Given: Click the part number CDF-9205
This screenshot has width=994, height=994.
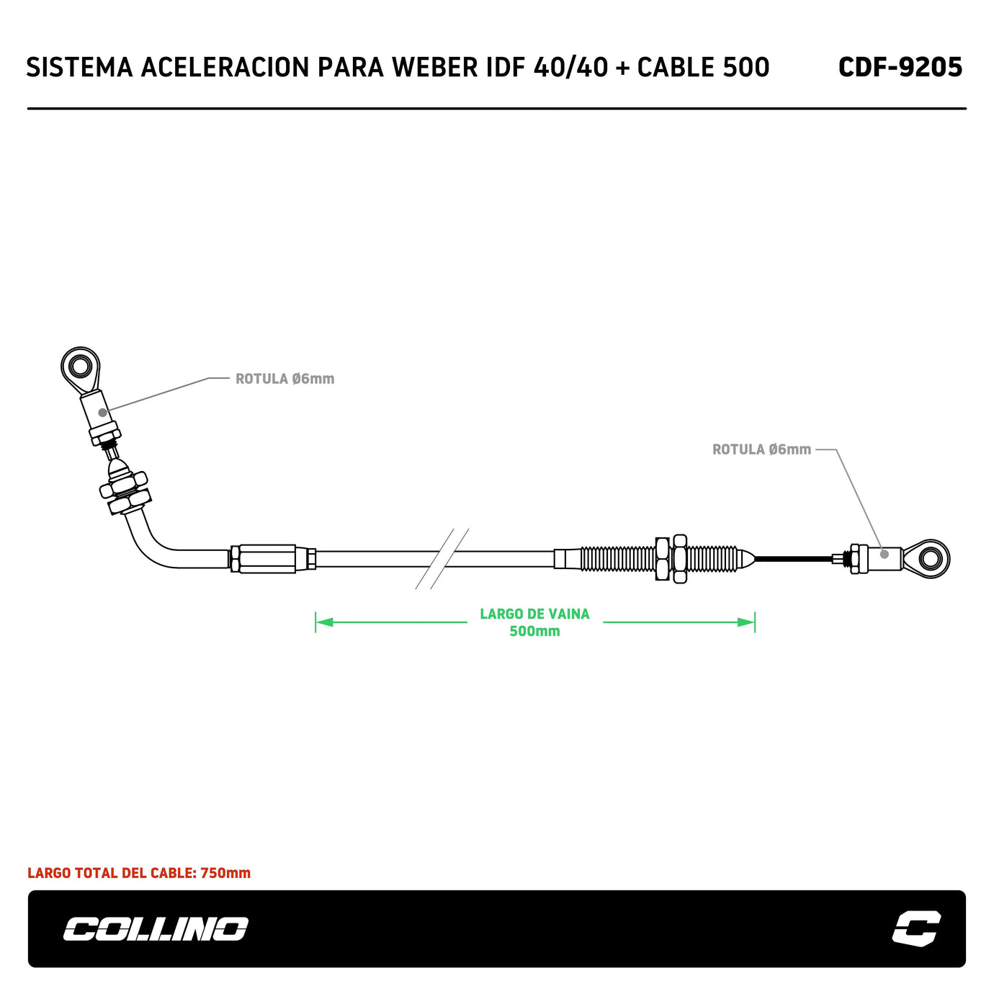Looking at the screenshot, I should click(900, 68).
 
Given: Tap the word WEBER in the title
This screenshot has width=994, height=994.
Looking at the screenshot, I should click(435, 68).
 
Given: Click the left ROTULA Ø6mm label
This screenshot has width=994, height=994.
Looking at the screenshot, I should click(285, 379).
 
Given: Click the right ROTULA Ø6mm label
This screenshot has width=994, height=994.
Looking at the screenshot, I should click(761, 449).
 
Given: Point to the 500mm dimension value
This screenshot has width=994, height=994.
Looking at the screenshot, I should click(534, 632).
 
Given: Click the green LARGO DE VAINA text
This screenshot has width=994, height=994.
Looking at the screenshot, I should click(534, 614).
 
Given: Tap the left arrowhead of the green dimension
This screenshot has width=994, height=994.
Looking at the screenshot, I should click(323, 622).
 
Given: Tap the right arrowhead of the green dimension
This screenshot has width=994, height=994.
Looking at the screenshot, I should click(747, 622).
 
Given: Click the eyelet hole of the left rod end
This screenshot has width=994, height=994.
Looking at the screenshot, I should click(79, 367).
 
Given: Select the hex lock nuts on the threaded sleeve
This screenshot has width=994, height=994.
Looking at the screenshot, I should click(671, 558).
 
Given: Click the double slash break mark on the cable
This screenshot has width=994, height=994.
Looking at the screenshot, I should click(442, 558).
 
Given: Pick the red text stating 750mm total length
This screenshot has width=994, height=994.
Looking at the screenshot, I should click(139, 873).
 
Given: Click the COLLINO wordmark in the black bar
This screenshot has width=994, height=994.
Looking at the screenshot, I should click(156, 929).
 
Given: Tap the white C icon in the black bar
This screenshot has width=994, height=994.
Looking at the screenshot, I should click(915, 928).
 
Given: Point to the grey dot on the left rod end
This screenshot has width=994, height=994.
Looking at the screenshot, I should click(103, 413).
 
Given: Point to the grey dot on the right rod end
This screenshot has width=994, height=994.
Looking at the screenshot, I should click(885, 554).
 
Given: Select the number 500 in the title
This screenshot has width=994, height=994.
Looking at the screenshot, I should click(745, 68).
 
